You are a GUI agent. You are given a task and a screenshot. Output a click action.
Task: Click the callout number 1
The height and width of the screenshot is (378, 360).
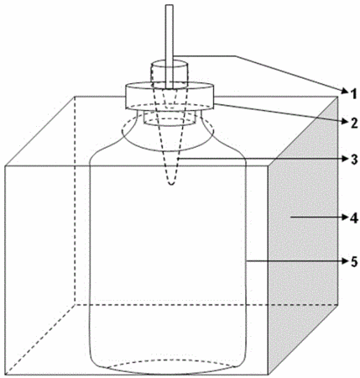[354, 94]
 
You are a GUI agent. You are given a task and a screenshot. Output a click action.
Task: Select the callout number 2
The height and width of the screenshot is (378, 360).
[354, 122]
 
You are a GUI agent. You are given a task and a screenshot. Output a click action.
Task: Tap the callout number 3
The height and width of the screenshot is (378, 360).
[354, 160]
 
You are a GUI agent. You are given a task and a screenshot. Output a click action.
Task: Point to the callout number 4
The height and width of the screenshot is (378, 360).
[354, 218]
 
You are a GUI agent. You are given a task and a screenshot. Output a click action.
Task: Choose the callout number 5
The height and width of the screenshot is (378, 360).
[354, 261]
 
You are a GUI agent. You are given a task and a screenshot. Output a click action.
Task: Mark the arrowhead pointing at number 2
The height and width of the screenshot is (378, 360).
[345, 121]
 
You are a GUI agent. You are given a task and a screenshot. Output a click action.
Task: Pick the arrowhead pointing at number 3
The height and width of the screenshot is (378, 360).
[345, 159]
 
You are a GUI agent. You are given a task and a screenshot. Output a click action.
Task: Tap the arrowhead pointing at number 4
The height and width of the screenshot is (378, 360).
[345, 217]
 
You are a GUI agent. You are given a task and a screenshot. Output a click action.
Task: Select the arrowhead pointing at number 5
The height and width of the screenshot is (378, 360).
[345, 261]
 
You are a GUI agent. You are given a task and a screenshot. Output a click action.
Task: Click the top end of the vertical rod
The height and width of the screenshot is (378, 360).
[169, 5]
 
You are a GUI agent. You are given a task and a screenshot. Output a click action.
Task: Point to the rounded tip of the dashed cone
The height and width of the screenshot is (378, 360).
[171, 183]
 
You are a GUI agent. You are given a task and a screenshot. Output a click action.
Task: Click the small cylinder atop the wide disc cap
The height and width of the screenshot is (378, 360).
[170, 74]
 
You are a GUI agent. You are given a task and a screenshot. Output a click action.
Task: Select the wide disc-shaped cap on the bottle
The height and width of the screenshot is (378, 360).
[170, 96]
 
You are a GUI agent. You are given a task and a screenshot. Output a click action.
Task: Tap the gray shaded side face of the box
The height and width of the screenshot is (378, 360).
[303, 235]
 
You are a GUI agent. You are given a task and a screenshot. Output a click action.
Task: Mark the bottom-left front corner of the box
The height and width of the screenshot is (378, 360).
[5, 375]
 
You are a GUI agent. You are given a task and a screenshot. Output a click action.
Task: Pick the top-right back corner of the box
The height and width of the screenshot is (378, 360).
[337, 97]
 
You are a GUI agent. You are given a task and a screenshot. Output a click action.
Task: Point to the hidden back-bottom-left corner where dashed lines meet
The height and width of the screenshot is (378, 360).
[75, 304]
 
